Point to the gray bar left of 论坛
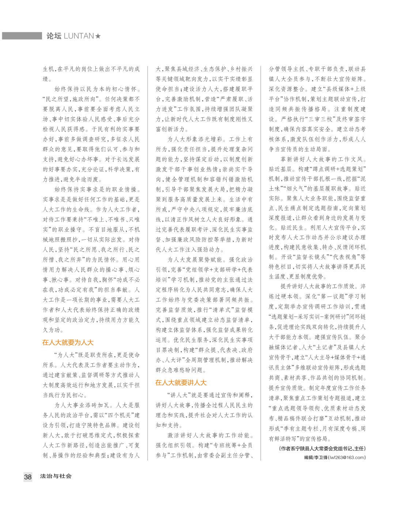pyautogui.click(x=22, y=36)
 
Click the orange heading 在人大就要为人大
pyautogui.click(x=68, y=342)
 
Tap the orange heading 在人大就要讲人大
pyautogui.click(x=181, y=383)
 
